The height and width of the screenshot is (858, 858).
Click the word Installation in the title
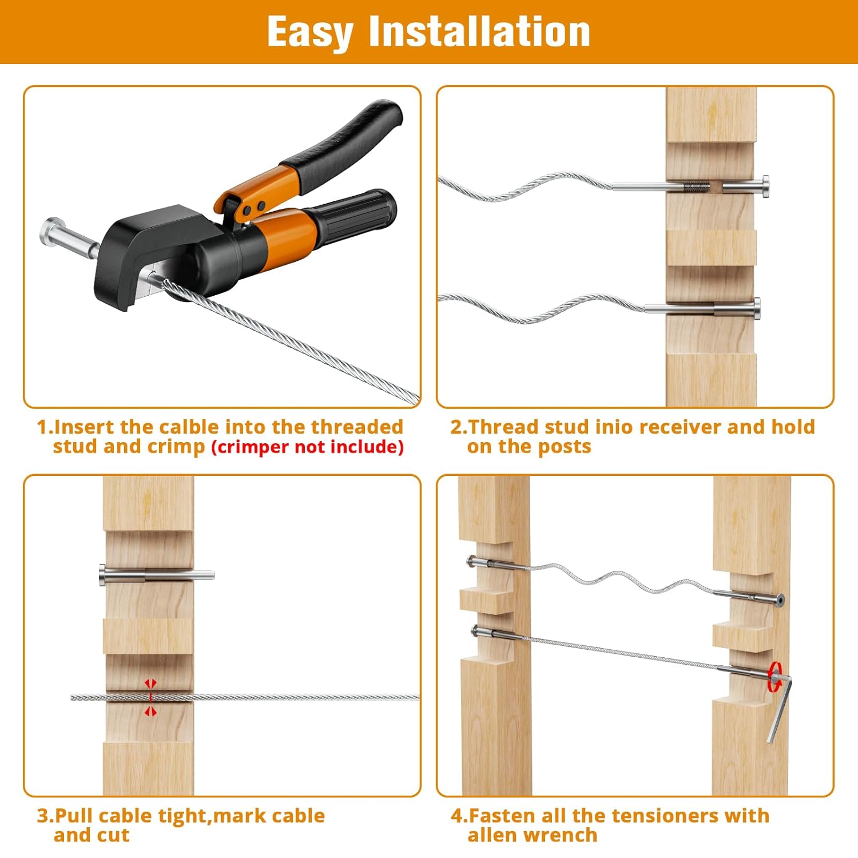tap(479, 31)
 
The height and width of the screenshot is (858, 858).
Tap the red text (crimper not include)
tap(308, 447)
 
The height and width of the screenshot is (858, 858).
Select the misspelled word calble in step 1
tap(189, 427)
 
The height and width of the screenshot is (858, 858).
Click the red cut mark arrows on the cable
tap(150, 697)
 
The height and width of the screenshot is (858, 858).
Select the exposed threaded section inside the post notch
tap(696, 186)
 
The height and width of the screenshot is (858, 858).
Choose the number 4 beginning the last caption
tap(456, 816)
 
